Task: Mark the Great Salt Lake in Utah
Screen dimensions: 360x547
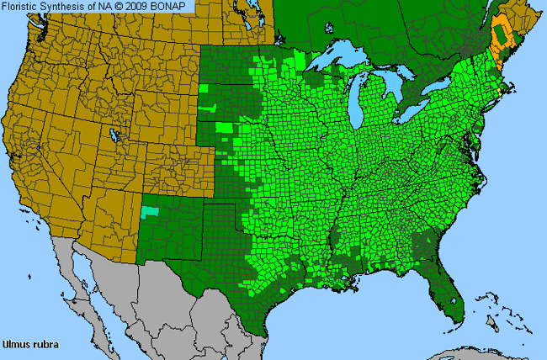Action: (113, 135)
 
